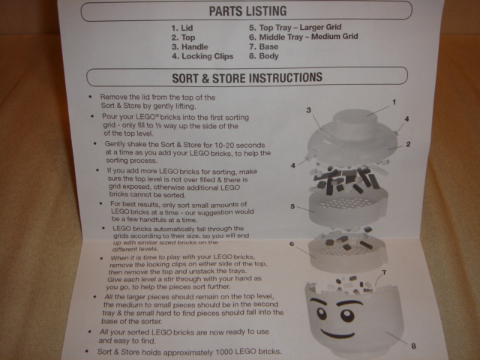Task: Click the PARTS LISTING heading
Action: click(247, 11)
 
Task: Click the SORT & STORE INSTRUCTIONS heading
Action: click(247, 77)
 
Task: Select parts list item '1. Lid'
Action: click(182, 28)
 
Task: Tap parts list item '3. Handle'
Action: click(190, 46)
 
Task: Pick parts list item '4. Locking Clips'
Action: click(202, 56)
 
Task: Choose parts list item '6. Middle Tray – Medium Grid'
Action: click(303, 37)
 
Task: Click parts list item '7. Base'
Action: click(263, 46)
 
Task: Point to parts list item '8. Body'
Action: click(263, 56)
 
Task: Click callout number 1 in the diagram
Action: click(394, 102)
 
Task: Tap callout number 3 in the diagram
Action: click(308, 110)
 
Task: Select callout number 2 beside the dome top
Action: click(408, 144)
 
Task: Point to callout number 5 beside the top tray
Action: click(292, 206)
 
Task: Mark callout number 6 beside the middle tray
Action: click(292, 244)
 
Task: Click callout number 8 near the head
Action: click(413, 346)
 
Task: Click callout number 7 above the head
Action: click(384, 272)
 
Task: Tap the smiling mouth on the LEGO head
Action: click(338, 333)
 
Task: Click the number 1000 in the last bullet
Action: click(225, 352)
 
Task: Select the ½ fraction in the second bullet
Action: click(158, 126)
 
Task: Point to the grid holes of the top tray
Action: click(345, 202)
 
